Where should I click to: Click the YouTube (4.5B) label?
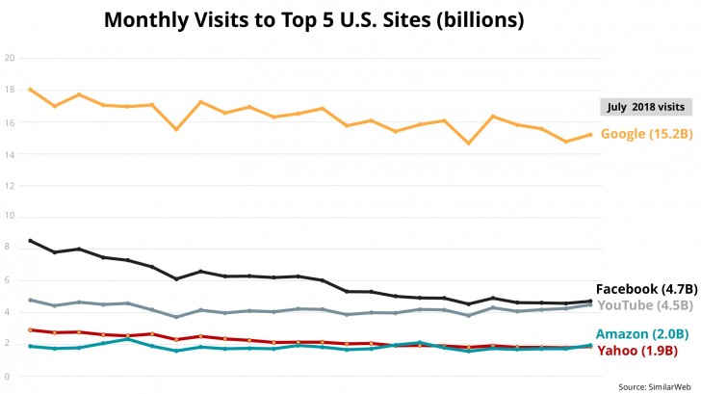coord(644,305)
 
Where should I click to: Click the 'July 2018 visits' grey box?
coord(645,107)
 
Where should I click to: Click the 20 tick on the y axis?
coord(10,58)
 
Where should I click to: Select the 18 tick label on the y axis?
coord(10,90)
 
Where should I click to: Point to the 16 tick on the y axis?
coord(10,121)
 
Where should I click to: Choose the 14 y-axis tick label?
coord(10,153)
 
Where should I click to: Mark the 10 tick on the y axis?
coord(10,217)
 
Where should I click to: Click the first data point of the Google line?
coord(31,90)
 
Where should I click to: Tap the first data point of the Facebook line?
coord(31,241)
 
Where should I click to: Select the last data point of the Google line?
coord(590,135)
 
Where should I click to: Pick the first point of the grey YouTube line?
coord(31,300)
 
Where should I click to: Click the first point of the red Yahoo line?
coord(31,329)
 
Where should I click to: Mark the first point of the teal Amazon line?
coord(31,346)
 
